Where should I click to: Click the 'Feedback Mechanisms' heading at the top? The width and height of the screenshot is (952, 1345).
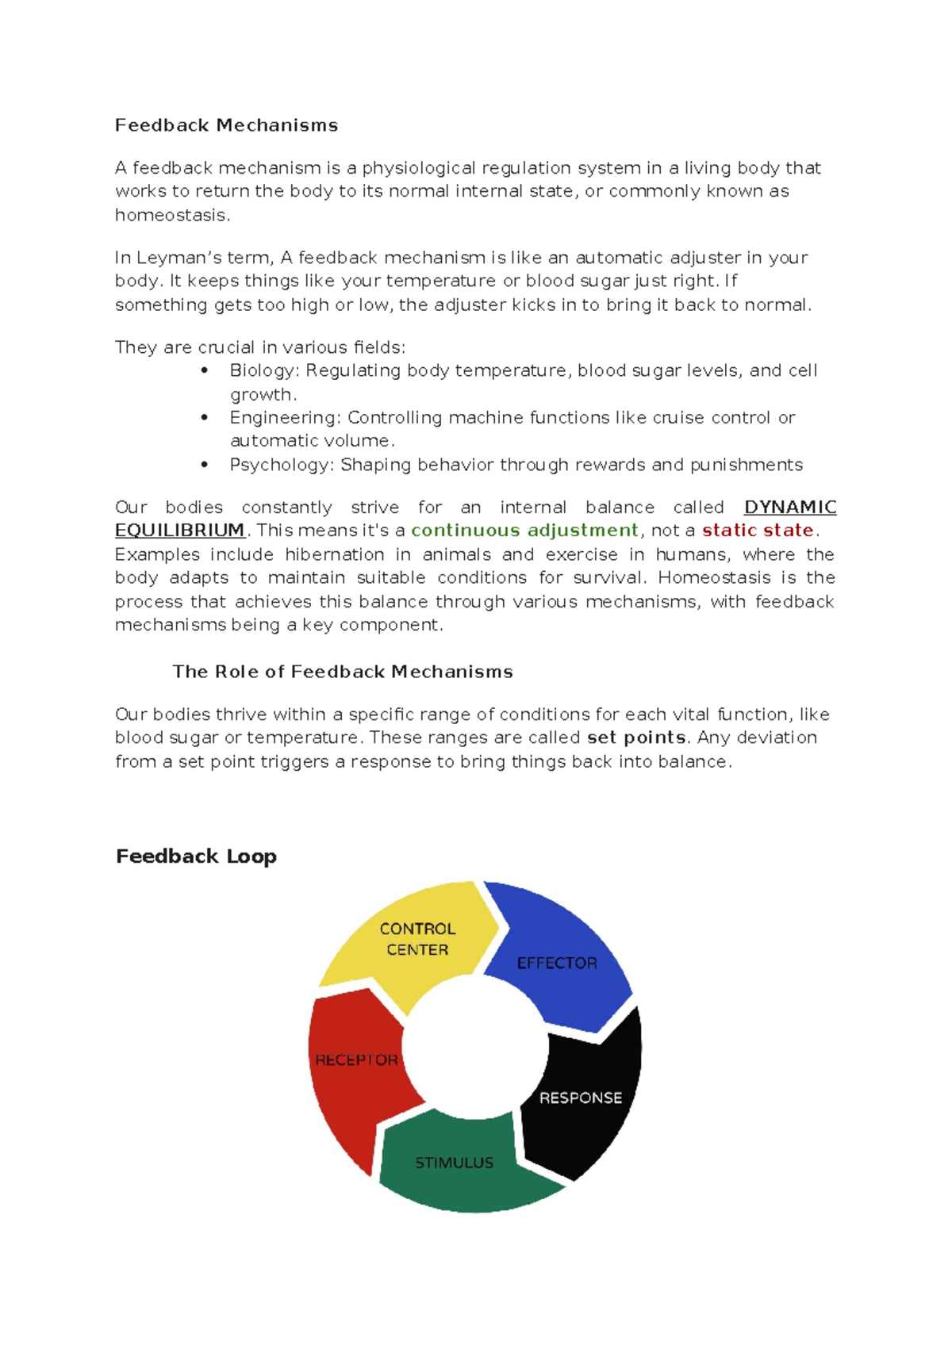(226, 125)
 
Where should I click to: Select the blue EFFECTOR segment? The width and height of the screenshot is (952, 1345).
(557, 963)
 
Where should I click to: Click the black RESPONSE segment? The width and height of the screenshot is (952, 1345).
(581, 1098)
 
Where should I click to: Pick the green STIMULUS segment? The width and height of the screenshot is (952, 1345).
(455, 1163)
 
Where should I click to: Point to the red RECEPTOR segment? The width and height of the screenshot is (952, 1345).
(356, 1060)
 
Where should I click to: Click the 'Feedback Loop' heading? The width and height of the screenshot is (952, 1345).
(196, 856)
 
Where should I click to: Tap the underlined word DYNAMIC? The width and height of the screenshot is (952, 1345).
(789, 508)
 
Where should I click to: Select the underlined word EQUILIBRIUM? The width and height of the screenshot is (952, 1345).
(180, 531)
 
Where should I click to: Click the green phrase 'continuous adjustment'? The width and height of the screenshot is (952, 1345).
(524, 531)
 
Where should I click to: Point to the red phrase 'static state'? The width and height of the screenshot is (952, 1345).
(758, 531)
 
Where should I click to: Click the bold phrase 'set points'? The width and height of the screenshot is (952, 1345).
(636, 738)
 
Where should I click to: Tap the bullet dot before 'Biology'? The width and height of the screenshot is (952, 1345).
(205, 370)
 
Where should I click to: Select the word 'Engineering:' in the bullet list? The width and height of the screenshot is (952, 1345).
(286, 418)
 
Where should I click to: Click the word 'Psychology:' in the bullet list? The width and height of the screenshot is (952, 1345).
(282, 465)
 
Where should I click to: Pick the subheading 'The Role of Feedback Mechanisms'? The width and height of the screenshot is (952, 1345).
(343, 672)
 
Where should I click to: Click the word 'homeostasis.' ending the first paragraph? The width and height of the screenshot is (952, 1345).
(172, 216)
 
